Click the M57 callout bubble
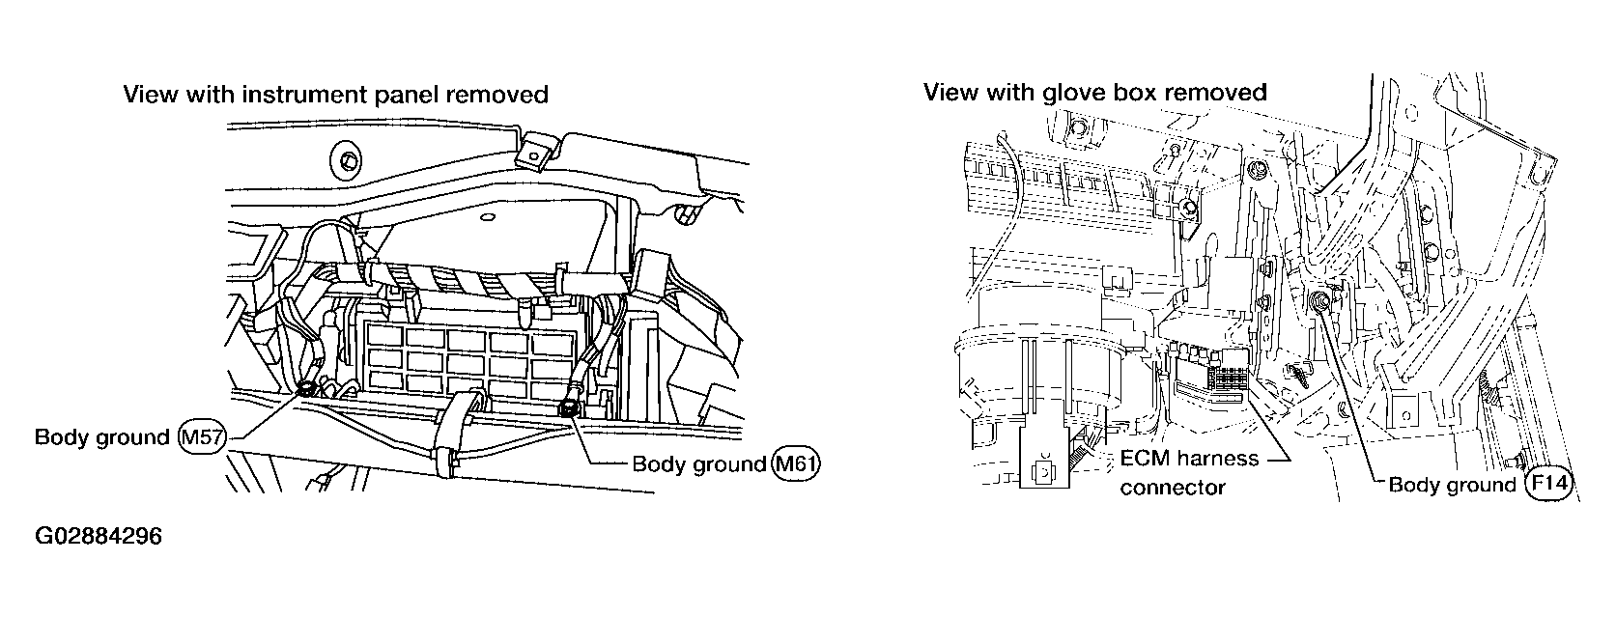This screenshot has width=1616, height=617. click(x=203, y=437)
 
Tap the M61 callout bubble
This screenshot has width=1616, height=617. click(x=797, y=463)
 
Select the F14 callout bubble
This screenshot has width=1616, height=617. click(x=1549, y=484)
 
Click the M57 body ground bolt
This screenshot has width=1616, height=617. click(x=307, y=388)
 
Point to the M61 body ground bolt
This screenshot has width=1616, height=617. click(x=569, y=409)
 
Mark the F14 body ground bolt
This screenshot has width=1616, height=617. click(x=1320, y=305)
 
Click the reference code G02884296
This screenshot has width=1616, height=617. click(x=98, y=536)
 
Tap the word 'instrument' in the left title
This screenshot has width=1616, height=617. click(x=291, y=94)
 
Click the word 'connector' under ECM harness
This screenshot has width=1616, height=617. click(x=1172, y=488)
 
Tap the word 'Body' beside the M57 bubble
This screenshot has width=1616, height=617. click(x=61, y=437)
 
